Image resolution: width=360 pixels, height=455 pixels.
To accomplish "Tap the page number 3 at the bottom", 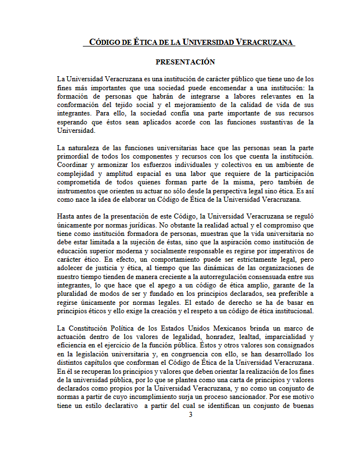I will (x=190, y=415).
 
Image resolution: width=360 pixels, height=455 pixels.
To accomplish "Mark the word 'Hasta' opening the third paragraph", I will (x=68, y=216).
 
